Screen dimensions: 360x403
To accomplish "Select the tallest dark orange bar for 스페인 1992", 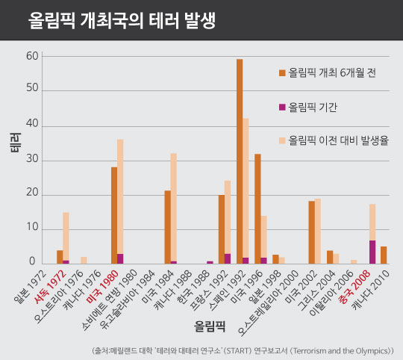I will coord(240,161).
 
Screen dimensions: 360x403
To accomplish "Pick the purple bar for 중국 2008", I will coord(372,252).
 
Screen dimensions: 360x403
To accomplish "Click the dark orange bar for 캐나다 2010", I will coord(384,255).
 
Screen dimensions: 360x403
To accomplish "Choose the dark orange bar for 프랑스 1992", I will coord(222,229).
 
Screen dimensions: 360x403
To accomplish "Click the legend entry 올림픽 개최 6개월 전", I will coord(328,72).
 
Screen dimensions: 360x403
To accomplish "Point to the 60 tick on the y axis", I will coord(32,56).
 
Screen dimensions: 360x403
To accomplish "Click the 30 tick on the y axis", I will coord(32,160).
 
